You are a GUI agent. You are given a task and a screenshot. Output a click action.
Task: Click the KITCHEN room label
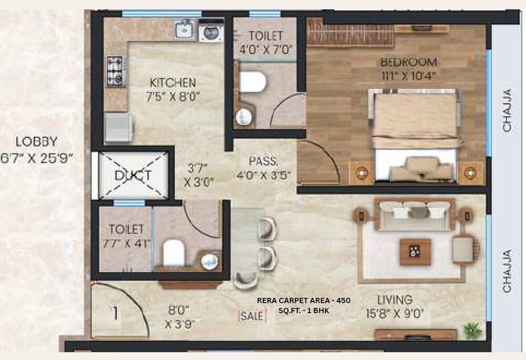point(173,83)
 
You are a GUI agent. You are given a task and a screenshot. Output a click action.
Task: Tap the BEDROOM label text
point(409,61)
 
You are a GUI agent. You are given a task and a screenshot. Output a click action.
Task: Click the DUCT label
point(133,176)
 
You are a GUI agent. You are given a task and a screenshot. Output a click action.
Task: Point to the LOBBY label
point(36,141)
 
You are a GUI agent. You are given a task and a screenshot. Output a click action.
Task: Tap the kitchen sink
point(184,30)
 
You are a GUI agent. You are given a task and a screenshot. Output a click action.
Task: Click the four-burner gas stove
point(115,71)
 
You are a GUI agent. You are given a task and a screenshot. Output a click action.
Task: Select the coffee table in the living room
point(415,252)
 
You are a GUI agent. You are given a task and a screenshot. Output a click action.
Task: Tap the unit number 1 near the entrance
point(115,313)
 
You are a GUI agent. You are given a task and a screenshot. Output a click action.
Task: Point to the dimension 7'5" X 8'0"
point(173,96)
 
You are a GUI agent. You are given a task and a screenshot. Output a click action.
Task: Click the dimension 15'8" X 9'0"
point(394,314)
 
